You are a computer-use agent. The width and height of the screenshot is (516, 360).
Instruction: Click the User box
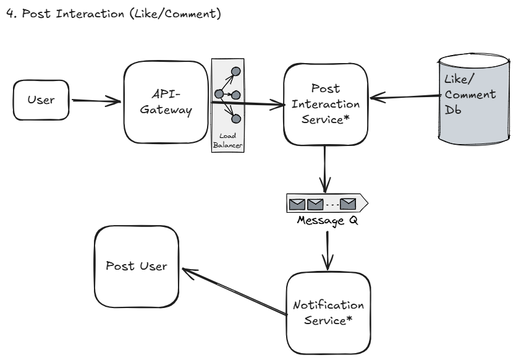[40, 100]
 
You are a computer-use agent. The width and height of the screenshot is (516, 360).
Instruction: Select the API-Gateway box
[164, 101]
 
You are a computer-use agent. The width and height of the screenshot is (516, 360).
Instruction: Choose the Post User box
[136, 267]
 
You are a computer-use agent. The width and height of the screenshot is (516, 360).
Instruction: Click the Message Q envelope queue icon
[326, 202]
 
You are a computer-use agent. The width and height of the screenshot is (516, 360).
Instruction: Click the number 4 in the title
[7, 14]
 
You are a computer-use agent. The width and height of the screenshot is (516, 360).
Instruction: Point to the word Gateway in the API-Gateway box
[164, 109]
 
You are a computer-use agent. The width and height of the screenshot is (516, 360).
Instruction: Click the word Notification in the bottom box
[329, 306]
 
